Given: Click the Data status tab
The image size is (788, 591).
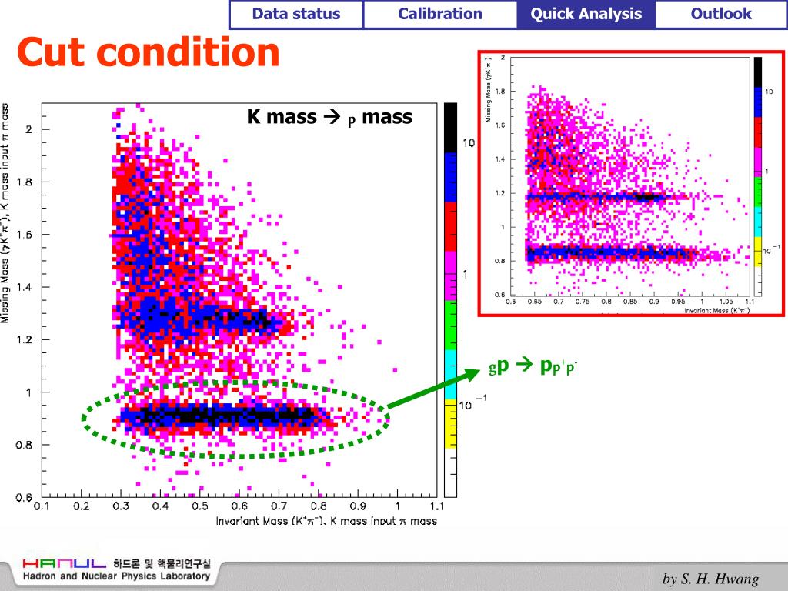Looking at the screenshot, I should click(295, 14).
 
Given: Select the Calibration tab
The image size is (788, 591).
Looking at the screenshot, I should click(440, 14).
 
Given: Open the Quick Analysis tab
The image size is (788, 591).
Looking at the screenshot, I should click(586, 14).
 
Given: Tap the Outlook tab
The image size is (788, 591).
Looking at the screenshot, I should click(721, 14).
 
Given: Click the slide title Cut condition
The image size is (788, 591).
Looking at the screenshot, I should click(149, 52).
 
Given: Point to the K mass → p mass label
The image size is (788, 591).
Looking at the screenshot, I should click(329, 117).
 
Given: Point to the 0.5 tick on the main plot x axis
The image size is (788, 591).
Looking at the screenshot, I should click(200, 506).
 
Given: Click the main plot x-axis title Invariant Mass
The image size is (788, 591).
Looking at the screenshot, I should click(326, 521).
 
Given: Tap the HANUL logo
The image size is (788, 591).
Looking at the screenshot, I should click(65, 563).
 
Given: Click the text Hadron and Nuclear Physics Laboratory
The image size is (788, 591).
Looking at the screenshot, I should click(115, 576).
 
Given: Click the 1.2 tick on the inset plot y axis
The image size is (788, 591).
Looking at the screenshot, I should click(501, 193).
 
